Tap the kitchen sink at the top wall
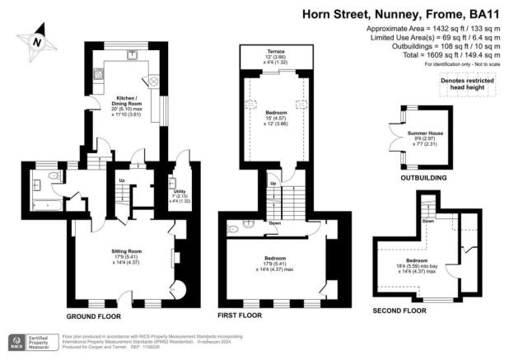(131, 55)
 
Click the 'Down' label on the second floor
(427, 220)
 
